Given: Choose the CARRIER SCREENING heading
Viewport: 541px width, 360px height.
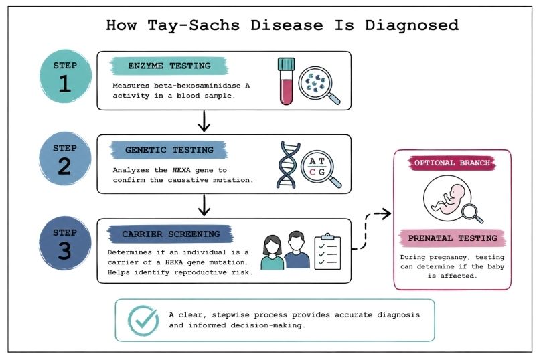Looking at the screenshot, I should [x=170, y=234].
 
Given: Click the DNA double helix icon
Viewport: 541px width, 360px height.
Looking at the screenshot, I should [x=287, y=164].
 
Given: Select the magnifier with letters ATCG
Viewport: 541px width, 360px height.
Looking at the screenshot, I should [x=321, y=166].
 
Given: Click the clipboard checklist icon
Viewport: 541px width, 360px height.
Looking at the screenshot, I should [x=327, y=250].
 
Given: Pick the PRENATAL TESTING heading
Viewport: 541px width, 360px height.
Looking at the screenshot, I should [x=452, y=237].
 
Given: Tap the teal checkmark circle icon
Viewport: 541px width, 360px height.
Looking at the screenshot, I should [x=143, y=320].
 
